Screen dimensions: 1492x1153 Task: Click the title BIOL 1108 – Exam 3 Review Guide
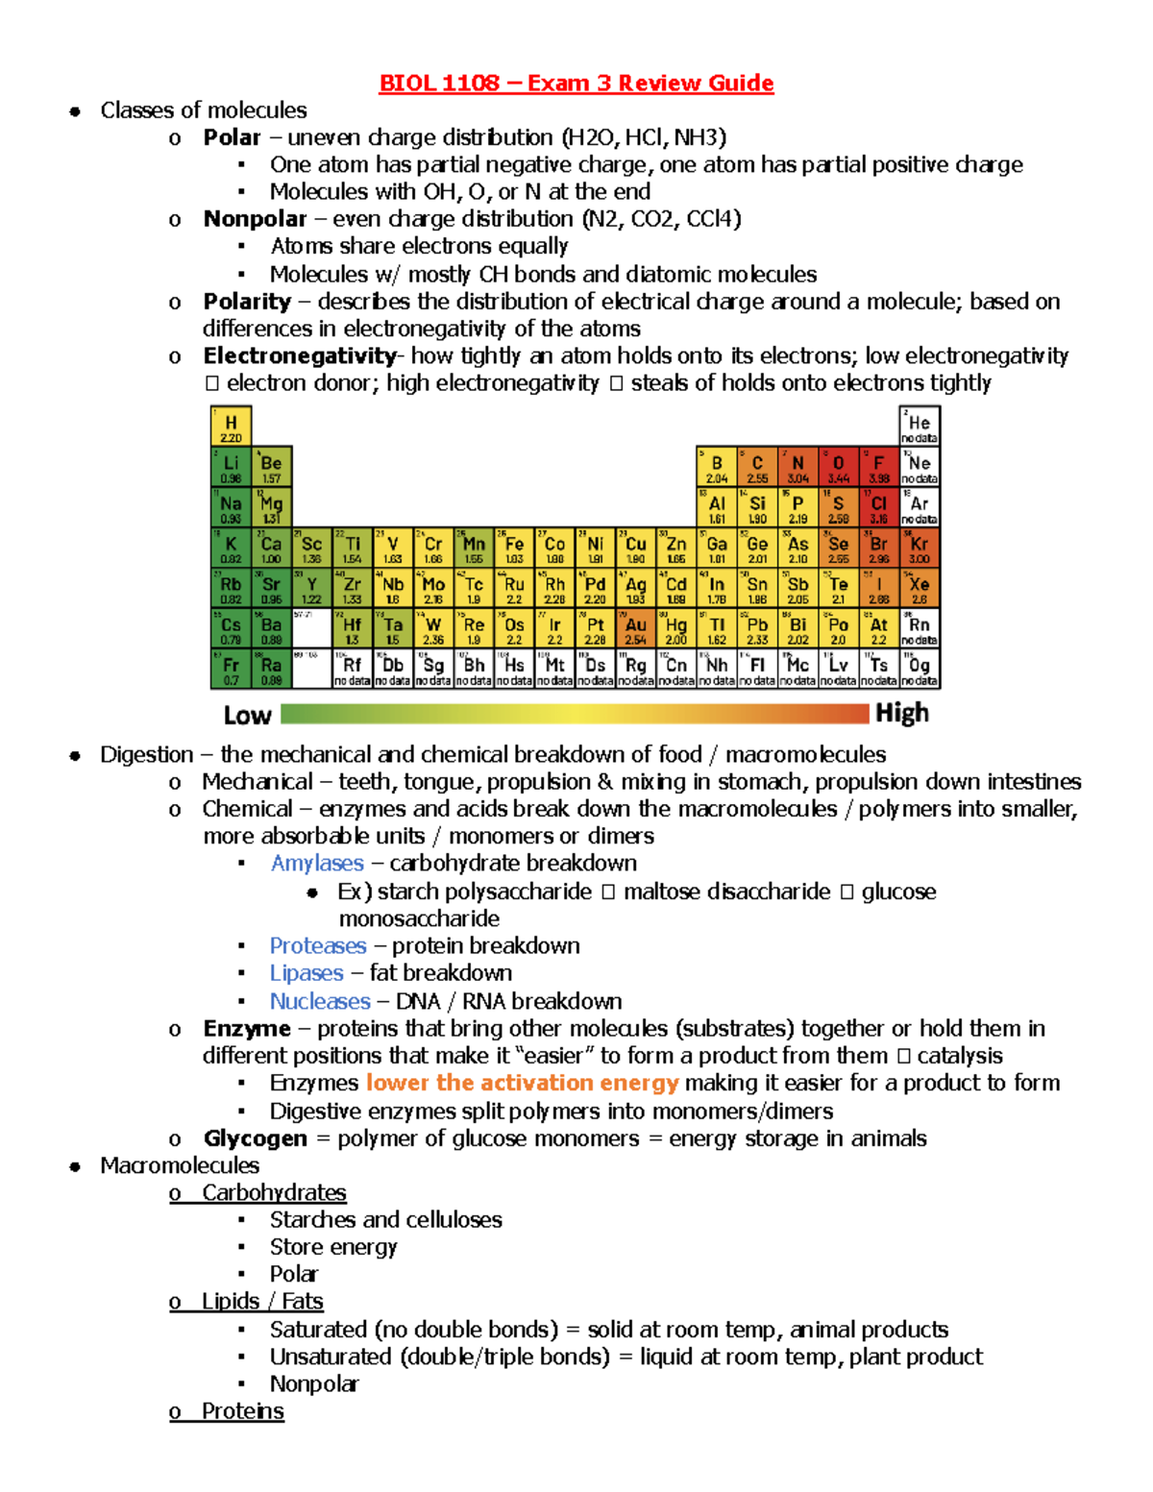[576, 83]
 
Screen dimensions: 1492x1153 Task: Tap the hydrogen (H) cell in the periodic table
[231, 427]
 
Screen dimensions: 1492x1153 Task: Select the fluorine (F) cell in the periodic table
[878, 467]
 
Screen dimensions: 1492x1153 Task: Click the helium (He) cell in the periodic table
[920, 427]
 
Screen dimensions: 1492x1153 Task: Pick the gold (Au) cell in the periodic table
[635, 628]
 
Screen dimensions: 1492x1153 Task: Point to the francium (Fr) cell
[231, 669]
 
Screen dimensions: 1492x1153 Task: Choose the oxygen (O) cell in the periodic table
[838, 467]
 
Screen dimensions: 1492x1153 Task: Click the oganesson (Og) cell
[920, 669]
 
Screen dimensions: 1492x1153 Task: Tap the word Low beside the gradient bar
[247, 716]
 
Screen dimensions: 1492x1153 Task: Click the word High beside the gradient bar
[901, 713]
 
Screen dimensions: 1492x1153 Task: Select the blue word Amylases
[317, 863]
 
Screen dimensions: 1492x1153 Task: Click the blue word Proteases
[318, 945]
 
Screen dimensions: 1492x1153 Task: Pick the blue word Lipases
[307, 973]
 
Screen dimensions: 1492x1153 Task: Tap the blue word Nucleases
[320, 1001]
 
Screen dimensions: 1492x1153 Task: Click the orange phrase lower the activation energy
[522, 1083]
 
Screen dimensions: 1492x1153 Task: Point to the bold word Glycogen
[255, 1138]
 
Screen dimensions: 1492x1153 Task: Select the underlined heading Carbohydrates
[274, 1192]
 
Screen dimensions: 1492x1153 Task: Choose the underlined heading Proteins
[242, 1410]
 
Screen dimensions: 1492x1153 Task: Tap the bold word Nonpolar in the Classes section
[255, 219]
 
